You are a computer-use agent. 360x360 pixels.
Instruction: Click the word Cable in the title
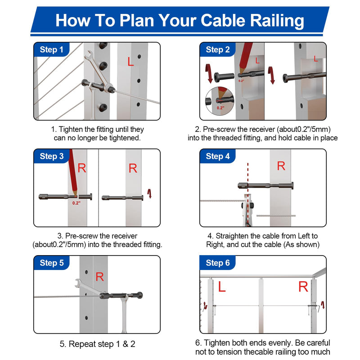pos(223,21)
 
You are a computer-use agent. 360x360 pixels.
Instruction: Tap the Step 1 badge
pos(51,49)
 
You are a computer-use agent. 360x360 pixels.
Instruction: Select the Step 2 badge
pos(218,49)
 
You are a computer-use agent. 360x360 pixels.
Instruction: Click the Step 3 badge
pos(52,156)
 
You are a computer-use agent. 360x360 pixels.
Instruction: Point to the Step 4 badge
pos(218,156)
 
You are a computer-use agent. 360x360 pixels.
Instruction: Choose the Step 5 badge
pos(52,263)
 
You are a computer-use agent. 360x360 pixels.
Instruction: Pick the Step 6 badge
pos(218,263)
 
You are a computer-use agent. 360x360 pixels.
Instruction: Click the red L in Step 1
pos(130,62)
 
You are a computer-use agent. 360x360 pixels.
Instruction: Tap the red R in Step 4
pos(281,166)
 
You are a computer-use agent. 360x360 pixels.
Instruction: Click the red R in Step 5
pos(99,277)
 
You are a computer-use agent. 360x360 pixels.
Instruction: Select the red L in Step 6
pos(221,287)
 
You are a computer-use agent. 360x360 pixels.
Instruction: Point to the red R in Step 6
pos(303,287)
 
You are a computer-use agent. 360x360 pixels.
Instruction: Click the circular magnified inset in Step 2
pos(219,101)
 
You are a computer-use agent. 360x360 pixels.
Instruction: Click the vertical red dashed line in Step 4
pos(248,194)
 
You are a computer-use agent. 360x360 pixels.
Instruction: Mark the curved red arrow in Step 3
pos(149,193)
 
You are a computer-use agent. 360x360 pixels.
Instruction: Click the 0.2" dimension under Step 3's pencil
pos(76,203)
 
